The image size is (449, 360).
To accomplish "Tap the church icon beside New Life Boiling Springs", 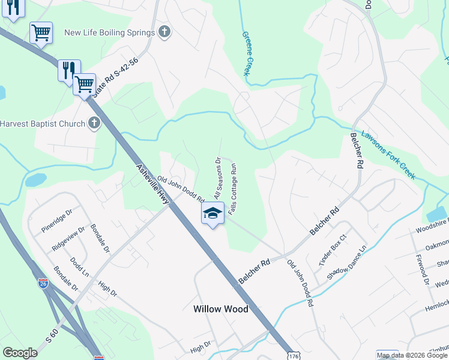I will [x=166, y=32].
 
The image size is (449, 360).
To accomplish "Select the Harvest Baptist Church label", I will [x=41, y=124].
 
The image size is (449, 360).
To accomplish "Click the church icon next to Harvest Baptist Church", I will [x=94, y=124].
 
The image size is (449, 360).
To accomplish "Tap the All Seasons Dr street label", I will [x=218, y=178].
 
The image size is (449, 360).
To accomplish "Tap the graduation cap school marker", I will [x=212, y=213].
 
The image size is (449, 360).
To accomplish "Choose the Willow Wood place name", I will [x=220, y=309].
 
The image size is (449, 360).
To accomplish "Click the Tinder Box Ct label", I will [x=325, y=250].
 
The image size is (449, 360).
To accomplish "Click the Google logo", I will [x=20, y=353].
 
